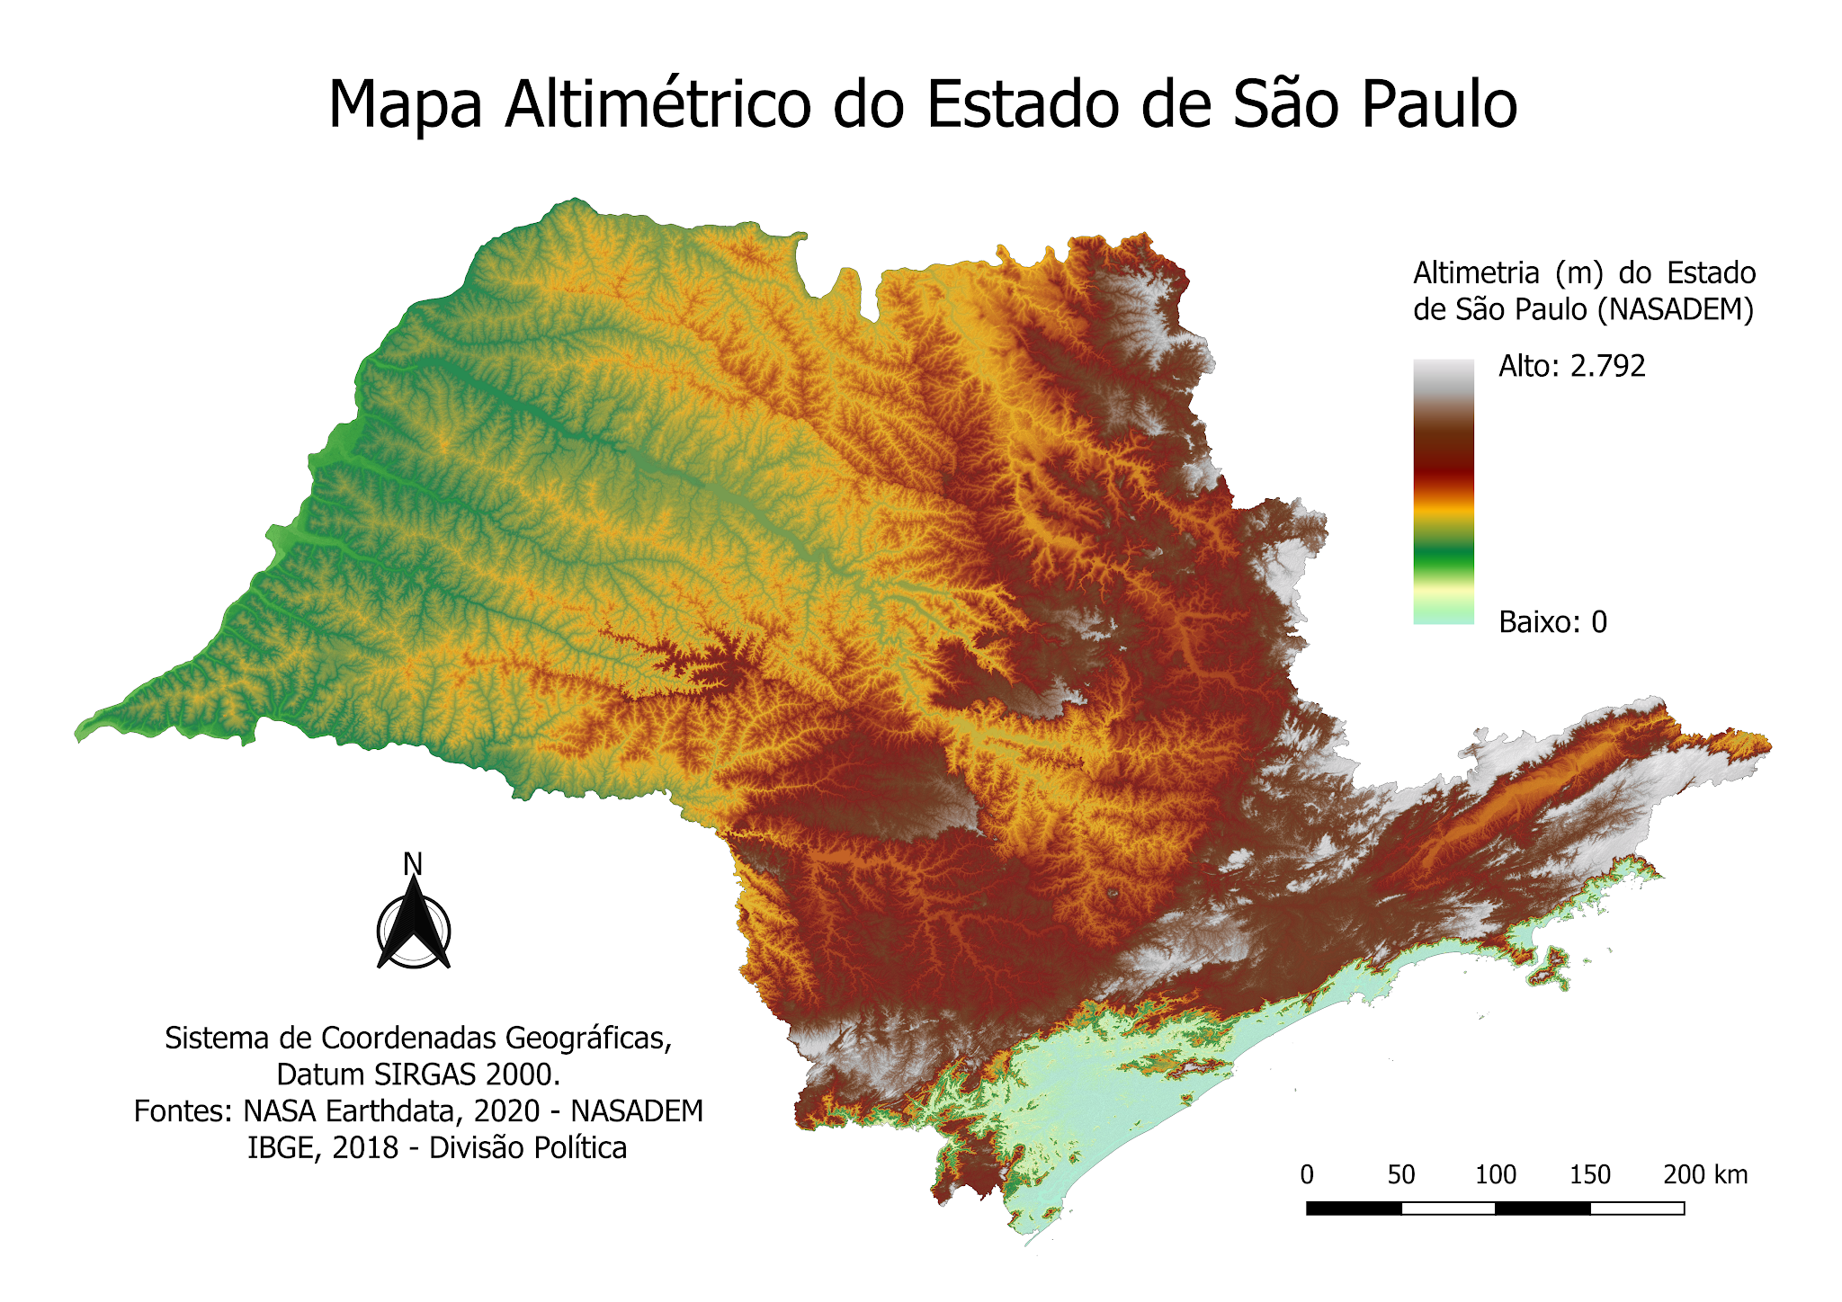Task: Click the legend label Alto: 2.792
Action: pyautogui.click(x=1571, y=366)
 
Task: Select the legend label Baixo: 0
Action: pyautogui.click(x=1552, y=622)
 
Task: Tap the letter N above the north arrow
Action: pyautogui.click(x=413, y=864)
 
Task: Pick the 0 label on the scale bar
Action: pyautogui.click(x=1307, y=1175)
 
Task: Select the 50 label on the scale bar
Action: pyautogui.click(x=1401, y=1175)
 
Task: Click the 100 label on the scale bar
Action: pyautogui.click(x=1496, y=1175)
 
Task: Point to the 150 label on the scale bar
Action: pyautogui.click(x=1590, y=1175)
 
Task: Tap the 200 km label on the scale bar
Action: pyautogui.click(x=1705, y=1175)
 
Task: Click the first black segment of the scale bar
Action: pyautogui.click(x=1354, y=1208)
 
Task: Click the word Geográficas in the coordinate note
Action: pyautogui.click(x=588, y=1039)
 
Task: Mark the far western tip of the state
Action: pyautogui.click(x=79, y=733)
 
